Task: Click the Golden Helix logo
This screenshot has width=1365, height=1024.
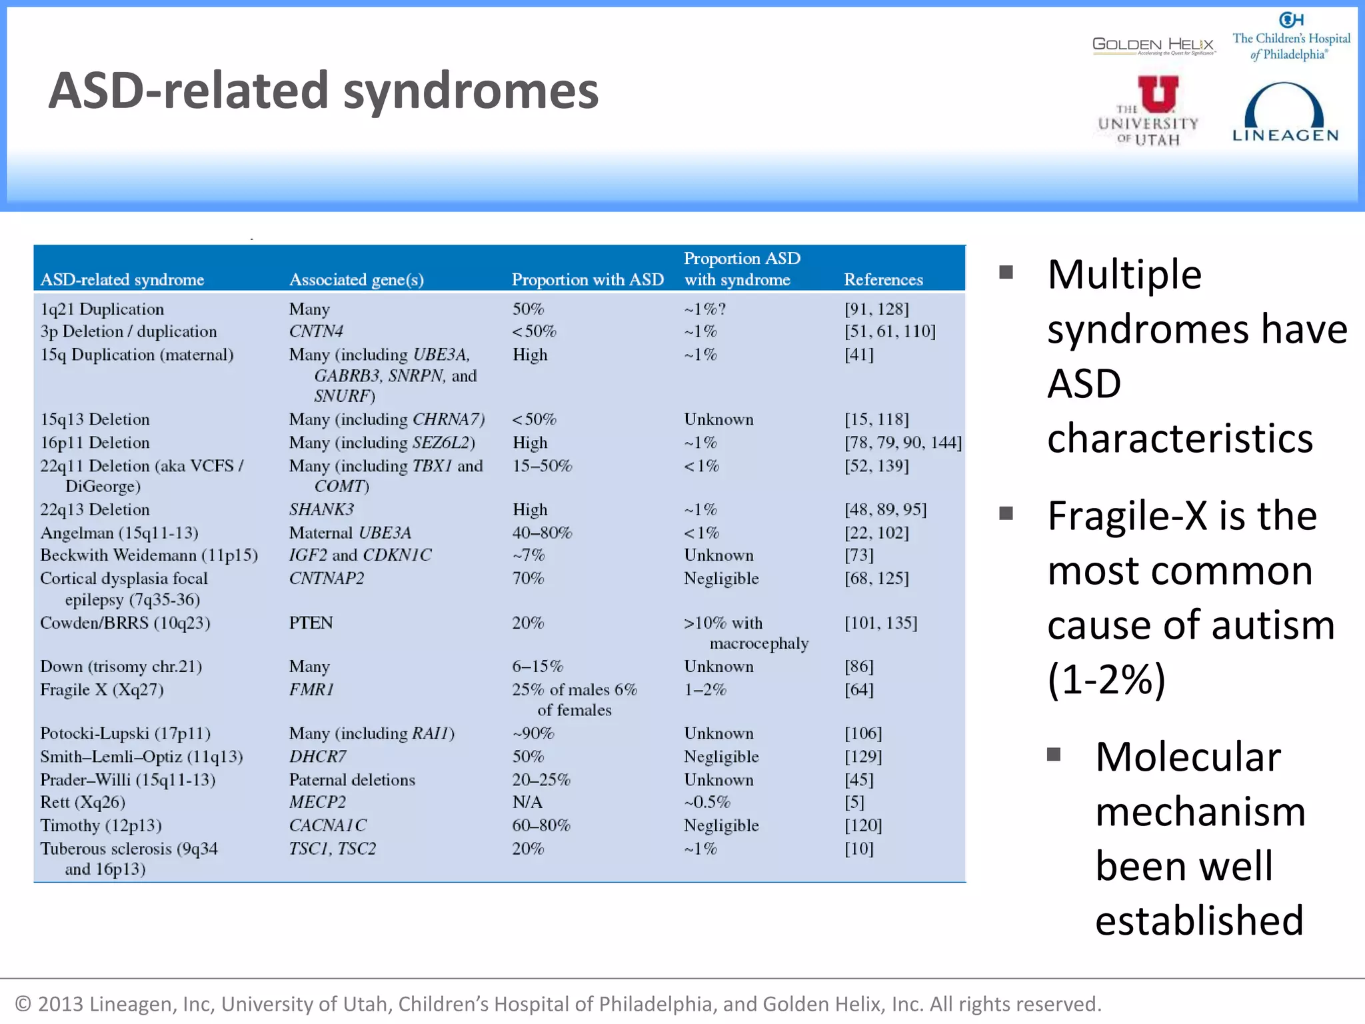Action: pyautogui.click(x=1154, y=45)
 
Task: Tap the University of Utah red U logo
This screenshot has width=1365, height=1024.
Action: pyautogui.click(x=1158, y=94)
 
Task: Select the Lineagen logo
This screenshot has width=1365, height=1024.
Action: pyautogui.click(x=1284, y=113)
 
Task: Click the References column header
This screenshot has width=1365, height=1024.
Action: pyautogui.click(x=883, y=279)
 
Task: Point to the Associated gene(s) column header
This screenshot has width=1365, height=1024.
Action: pyautogui.click(x=357, y=279)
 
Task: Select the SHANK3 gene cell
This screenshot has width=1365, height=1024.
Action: pyautogui.click(x=321, y=509)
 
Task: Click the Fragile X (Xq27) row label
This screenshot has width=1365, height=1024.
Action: pyautogui.click(x=102, y=689)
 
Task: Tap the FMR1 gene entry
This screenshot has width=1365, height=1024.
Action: pyautogui.click(x=311, y=689)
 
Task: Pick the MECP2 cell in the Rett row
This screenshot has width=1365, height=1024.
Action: pyautogui.click(x=317, y=802)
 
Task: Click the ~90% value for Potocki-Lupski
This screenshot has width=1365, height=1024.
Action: pyautogui.click(x=533, y=733)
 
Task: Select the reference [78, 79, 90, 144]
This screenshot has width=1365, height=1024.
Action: pyautogui.click(x=903, y=443)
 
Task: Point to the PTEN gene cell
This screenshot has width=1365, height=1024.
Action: pyautogui.click(x=311, y=623)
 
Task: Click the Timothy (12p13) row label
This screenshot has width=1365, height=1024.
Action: pyautogui.click(x=101, y=825)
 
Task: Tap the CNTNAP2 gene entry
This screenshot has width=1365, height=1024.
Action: pyautogui.click(x=327, y=578)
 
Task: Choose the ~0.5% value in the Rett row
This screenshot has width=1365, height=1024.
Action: pyautogui.click(x=707, y=802)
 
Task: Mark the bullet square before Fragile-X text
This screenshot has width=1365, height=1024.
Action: pyautogui.click(x=1006, y=513)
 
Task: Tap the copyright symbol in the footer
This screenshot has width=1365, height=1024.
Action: pyautogui.click(x=23, y=1004)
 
